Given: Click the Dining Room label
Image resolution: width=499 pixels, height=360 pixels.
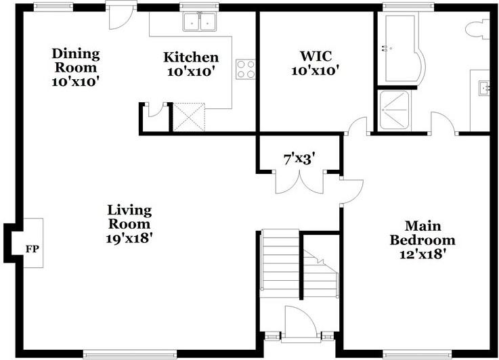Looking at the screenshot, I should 76,60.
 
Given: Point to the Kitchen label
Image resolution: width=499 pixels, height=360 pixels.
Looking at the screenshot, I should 191,58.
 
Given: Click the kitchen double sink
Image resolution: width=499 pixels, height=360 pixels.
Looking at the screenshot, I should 199,23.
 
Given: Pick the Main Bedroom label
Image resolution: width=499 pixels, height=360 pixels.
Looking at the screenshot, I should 420,233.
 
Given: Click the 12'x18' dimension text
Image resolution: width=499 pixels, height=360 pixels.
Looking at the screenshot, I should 420,254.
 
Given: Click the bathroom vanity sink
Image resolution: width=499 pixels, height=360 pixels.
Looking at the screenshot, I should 484,87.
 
